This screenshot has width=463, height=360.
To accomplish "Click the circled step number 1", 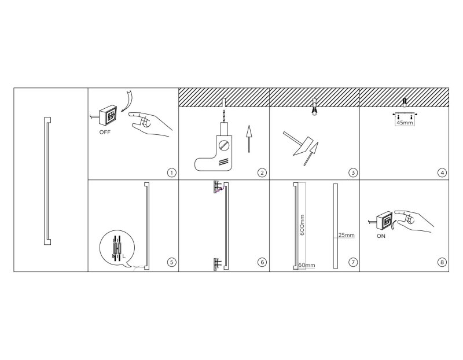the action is tap(171, 172).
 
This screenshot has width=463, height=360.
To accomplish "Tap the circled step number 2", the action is tap(262, 172).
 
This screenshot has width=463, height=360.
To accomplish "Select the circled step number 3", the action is tap(353, 172).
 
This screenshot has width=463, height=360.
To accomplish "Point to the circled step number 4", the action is tap(442, 172).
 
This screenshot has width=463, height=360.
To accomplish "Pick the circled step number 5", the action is tap(171, 262).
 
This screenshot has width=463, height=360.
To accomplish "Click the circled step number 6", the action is tap(262, 262).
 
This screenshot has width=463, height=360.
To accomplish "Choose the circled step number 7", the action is tap(353, 262).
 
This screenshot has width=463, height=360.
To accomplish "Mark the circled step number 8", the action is tap(442, 262).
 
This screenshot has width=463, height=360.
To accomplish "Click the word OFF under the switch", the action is tap(105, 133).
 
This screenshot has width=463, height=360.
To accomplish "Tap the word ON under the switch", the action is tap(381, 236).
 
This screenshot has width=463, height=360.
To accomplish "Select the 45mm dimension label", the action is tap(405, 122).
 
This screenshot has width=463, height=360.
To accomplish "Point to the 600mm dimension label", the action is tap(302, 225).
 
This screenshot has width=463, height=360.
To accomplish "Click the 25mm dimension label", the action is tap(346, 235).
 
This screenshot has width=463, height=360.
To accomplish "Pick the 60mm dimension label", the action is tap(307, 265).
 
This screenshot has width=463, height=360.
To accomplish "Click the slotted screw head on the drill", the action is tap(224, 145).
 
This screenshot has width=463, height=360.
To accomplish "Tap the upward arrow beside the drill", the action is tap(249, 139).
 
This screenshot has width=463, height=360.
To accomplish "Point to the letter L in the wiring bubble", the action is tap(124, 256).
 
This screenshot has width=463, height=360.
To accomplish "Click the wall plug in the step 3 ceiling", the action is tap(315, 106).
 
